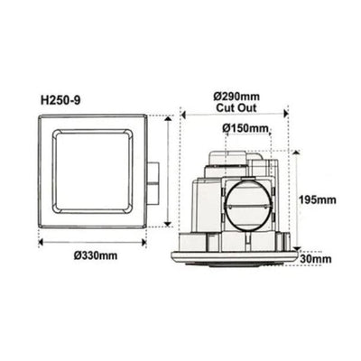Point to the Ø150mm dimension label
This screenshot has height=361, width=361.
(245, 128)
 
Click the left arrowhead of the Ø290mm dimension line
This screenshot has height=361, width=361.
(183, 115)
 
